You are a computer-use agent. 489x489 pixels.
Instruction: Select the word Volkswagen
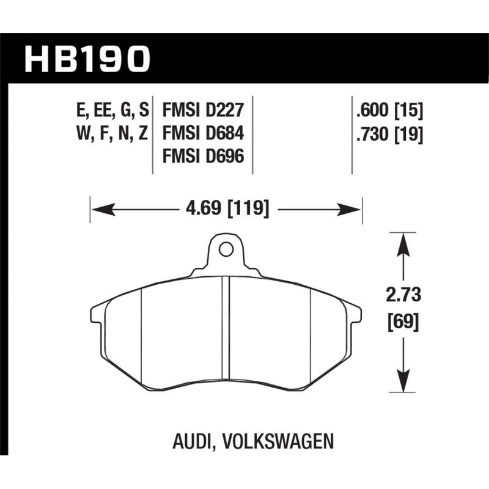point(278,439)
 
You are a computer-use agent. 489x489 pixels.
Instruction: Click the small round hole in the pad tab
point(226,249)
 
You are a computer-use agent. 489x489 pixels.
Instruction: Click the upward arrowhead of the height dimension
point(402,241)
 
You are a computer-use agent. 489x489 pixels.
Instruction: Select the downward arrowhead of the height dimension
point(402,383)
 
